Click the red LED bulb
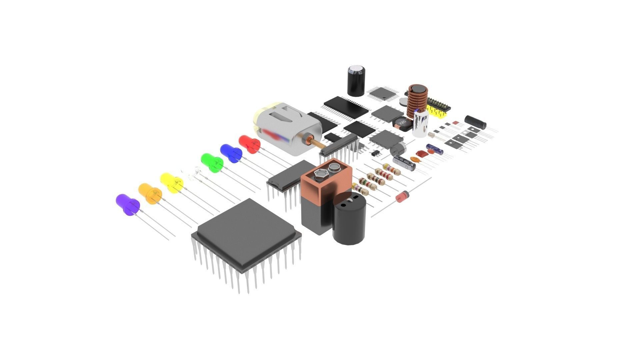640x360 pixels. [x=249, y=144]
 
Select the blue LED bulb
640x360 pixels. [x=230, y=153]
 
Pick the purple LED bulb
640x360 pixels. [x=127, y=204]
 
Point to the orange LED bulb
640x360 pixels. [x=150, y=193]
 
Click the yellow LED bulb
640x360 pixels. [x=171, y=182]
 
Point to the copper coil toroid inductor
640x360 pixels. [x=417, y=98]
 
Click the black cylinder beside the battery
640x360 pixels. [x=349, y=218]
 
